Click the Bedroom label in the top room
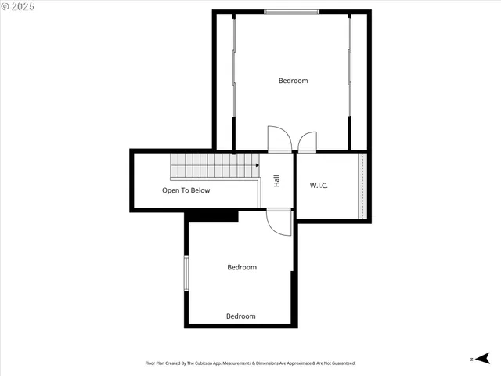293,81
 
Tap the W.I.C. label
319,186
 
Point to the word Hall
276,181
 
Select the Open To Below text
186,190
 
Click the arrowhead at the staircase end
258,165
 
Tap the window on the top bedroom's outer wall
291,12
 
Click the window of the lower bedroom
186,273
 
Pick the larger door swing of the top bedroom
279,139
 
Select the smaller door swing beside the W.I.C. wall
307,141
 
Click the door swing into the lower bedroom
278,222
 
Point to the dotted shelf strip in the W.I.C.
362,186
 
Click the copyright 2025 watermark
19,6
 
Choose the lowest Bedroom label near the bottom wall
240,316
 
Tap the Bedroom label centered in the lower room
241,267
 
